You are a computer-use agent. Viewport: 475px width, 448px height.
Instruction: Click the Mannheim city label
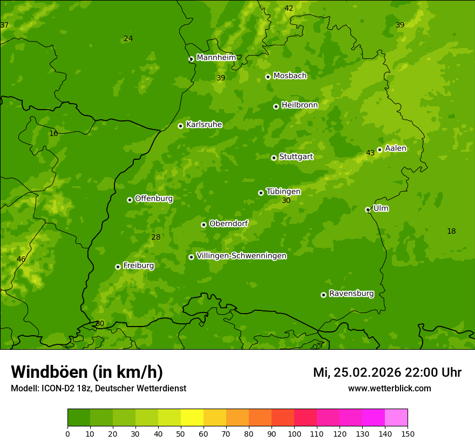(x=216, y=57)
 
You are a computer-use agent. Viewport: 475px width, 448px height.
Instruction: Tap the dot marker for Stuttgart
(x=274, y=158)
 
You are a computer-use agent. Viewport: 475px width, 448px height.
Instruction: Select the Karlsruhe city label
(x=203, y=124)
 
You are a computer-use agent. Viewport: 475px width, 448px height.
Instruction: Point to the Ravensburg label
(x=351, y=294)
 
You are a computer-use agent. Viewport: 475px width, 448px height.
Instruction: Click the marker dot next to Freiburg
(x=118, y=267)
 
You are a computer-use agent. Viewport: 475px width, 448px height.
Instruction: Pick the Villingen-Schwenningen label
(x=241, y=256)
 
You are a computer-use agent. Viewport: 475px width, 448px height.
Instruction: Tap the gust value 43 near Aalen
(x=370, y=153)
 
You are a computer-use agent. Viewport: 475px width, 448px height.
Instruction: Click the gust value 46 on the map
(x=21, y=259)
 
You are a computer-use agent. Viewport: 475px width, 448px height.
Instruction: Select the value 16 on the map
(x=53, y=133)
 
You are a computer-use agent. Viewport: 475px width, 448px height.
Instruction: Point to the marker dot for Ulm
(x=368, y=209)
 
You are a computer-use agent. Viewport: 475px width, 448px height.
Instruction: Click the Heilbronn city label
(x=300, y=105)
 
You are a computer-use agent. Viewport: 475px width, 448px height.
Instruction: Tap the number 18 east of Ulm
(x=451, y=231)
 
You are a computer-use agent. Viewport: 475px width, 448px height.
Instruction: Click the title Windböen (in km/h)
(x=86, y=372)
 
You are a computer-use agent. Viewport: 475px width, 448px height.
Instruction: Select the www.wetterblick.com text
(x=389, y=388)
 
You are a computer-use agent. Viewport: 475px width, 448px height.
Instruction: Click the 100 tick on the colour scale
(x=294, y=433)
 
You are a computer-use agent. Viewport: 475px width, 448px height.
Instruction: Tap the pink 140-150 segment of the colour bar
(x=396, y=418)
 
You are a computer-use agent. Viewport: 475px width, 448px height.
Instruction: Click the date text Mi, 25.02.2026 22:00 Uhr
(x=387, y=372)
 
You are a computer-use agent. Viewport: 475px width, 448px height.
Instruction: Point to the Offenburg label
(x=153, y=199)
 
